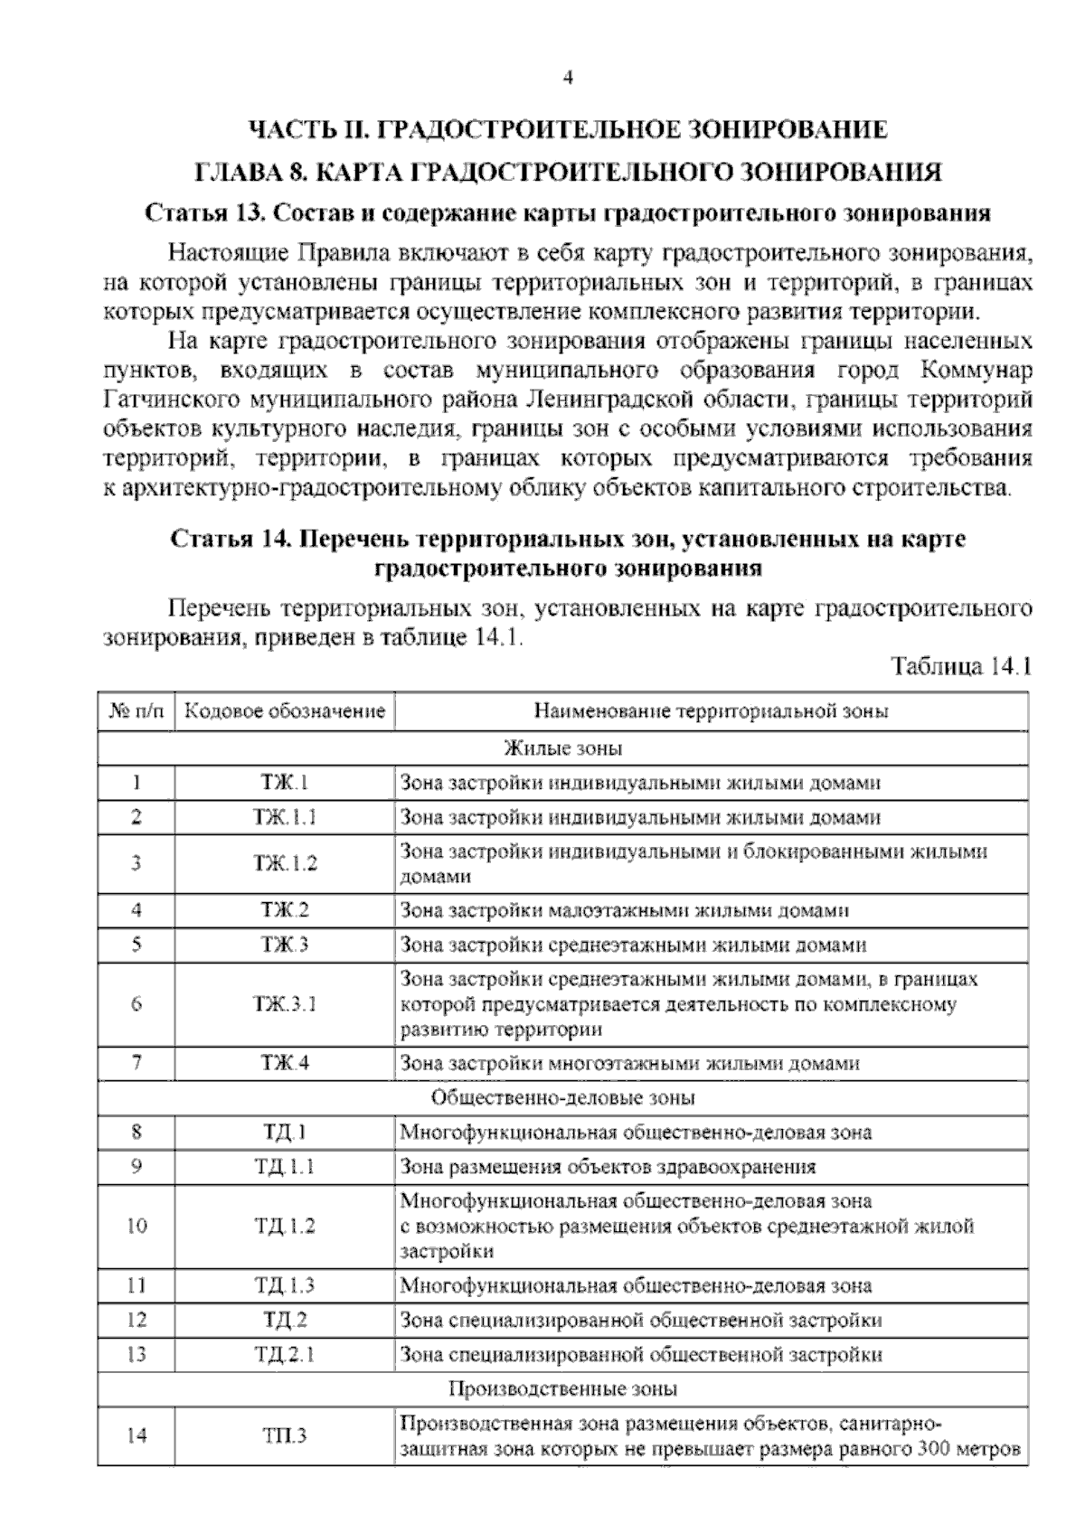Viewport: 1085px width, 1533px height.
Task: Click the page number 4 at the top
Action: click(567, 78)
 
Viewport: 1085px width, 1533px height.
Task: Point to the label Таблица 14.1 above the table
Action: click(961, 667)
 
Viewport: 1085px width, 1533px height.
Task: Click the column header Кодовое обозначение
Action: click(286, 711)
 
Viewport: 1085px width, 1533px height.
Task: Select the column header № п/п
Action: click(137, 711)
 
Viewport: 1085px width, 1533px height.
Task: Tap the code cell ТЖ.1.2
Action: click(286, 863)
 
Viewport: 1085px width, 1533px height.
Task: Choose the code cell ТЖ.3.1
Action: click(286, 1003)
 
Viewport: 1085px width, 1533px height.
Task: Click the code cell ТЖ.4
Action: click(286, 1063)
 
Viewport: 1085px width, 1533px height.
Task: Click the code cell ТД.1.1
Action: click(286, 1166)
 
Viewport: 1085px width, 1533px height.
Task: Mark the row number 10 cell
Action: click(137, 1227)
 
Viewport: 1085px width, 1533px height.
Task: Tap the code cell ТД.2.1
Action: click(286, 1354)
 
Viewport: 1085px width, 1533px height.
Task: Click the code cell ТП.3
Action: click(286, 1435)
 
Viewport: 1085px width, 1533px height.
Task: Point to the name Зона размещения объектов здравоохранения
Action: click(608, 1166)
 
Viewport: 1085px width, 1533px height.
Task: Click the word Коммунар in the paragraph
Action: click(975, 371)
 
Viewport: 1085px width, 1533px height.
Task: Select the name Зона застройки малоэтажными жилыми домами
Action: click(624, 910)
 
